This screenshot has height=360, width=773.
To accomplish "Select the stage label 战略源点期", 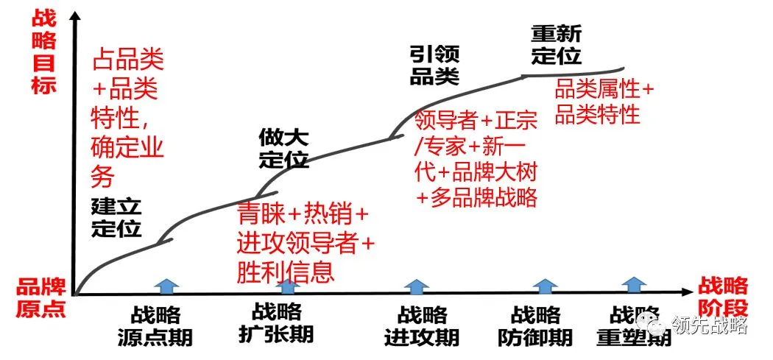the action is [x=155, y=326].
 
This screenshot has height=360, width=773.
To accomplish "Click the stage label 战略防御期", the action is [x=535, y=326].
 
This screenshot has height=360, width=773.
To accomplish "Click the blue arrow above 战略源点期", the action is [x=169, y=286].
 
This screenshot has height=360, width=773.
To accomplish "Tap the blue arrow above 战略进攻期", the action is [x=417, y=286].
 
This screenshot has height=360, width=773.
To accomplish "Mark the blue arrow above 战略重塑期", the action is [x=634, y=286].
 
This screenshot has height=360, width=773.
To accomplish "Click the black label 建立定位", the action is [x=116, y=217].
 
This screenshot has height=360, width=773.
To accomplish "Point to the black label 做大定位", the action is [x=283, y=148].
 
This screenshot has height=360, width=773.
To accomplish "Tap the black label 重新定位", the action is [x=556, y=45].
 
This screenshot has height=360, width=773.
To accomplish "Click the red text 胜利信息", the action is [x=285, y=272].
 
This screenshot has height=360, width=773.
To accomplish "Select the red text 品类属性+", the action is [x=604, y=90].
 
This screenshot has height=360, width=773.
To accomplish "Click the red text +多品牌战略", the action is [x=476, y=197].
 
